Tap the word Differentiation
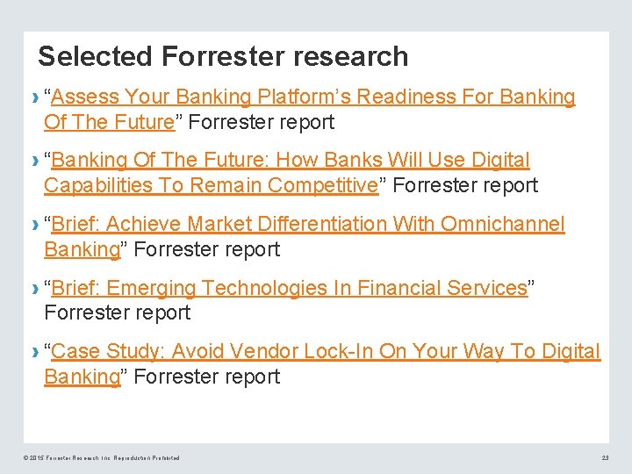[303, 225]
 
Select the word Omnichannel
[502, 225]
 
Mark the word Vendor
[264, 352]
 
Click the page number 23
[605, 458]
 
